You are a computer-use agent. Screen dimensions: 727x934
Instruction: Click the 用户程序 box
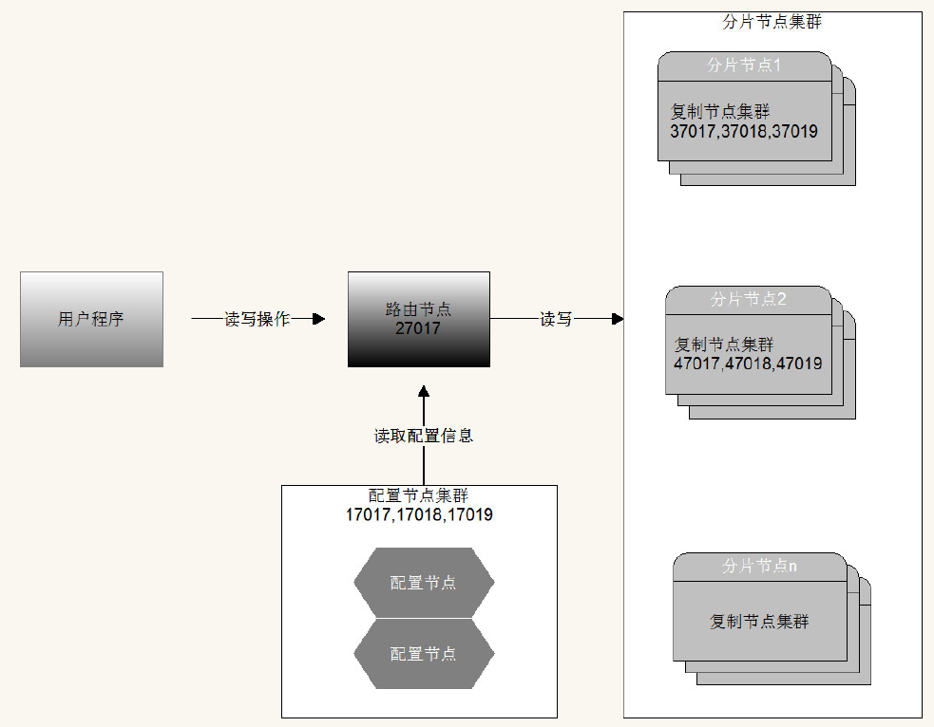tap(91, 319)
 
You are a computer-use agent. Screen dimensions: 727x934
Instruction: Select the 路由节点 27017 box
tap(418, 319)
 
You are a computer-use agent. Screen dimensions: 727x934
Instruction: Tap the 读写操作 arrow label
tap(257, 319)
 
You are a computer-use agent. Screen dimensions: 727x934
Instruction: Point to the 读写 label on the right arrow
tap(556, 319)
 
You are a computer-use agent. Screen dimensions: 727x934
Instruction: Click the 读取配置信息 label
tap(424, 436)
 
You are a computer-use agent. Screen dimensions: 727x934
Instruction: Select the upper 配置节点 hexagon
tap(424, 583)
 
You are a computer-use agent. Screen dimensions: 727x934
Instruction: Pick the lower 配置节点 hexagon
tap(424, 654)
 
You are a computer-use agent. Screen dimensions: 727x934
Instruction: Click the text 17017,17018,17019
tap(419, 515)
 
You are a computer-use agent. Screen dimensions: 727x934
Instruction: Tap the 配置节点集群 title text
tap(418, 495)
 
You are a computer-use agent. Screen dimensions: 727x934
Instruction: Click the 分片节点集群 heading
tap(772, 22)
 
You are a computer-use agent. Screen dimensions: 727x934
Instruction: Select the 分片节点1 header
tap(744, 66)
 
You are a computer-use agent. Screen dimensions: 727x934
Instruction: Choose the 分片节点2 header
tap(749, 300)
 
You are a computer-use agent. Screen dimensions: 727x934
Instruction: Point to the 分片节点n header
tap(759, 566)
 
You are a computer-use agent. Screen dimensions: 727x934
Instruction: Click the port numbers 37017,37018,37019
tap(744, 132)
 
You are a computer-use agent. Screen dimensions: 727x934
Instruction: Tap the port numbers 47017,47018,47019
tap(748, 363)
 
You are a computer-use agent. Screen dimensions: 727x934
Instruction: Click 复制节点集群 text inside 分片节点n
tap(759, 622)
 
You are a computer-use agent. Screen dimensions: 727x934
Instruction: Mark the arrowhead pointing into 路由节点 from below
tap(424, 391)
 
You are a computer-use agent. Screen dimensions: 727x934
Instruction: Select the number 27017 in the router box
tap(418, 329)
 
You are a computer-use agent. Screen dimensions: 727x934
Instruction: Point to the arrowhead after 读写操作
tap(318, 319)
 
